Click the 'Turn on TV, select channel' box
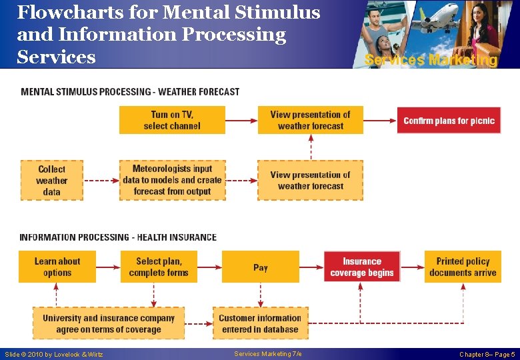pos(172,120)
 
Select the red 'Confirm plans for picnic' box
pos(449,121)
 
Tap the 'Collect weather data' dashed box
pos(52,180)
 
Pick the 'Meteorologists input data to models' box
pos(172,180)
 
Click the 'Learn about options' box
pos(57,267)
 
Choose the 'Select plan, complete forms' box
pos(159,267)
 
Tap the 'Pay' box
pos(261,267)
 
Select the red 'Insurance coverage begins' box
pos(362,267)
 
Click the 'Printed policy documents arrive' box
pos(463,267)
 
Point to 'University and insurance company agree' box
pos(109,323)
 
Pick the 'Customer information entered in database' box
pos(260,323)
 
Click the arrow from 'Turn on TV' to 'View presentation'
pos(241,121)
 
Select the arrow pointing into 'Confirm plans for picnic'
pos(380,121)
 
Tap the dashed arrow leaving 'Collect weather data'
pos(101,180)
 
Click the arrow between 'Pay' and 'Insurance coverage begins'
pos(311,267)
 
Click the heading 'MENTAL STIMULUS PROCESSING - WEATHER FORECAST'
pos(130,92)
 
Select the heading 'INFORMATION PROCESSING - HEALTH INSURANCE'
pos(118,237)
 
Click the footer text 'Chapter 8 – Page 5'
pos(487,355)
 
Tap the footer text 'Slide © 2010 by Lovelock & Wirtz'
pos(54,355)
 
